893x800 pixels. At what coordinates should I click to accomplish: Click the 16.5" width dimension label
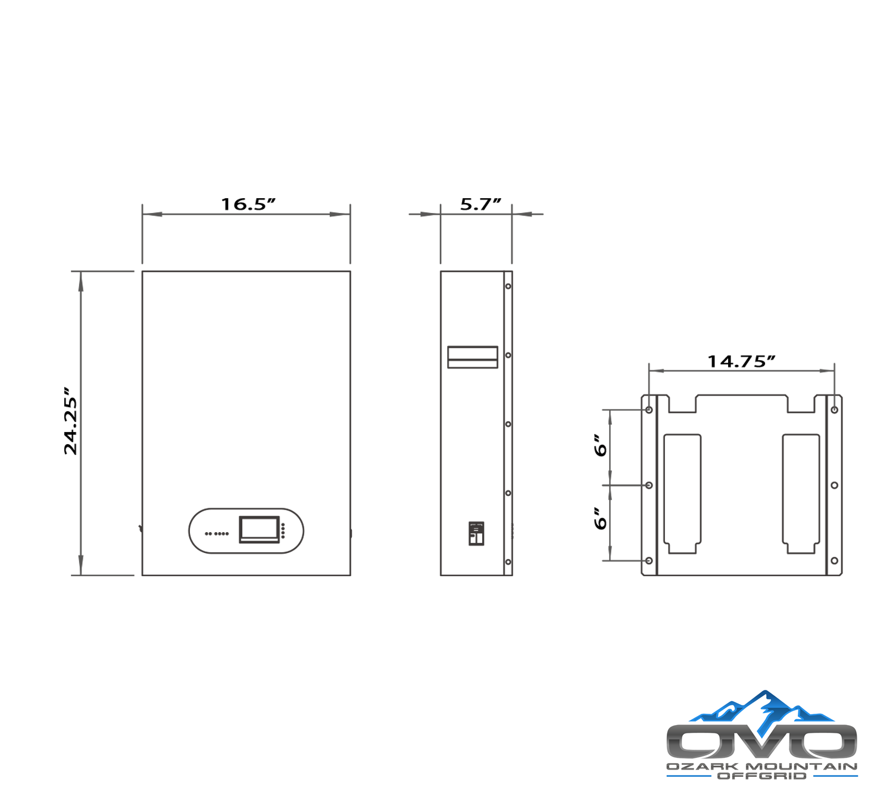coord(248,204)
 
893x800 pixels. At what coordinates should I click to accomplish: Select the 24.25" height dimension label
coord(71,421)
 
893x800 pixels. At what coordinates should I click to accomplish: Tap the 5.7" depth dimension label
coord(480,204)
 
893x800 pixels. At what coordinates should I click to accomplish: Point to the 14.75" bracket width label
coord(741,361)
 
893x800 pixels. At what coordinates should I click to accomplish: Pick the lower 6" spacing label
coord(601,519)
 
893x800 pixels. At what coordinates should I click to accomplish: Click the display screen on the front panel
coord(259,529)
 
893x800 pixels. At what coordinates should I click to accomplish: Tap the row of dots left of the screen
coord(217,533)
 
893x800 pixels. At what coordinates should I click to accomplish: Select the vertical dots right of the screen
coord(283,531)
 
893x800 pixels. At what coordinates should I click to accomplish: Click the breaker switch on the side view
coord(476,534)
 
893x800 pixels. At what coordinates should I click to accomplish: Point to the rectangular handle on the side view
coord(473,357)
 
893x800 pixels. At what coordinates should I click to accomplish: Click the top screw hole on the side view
coord(508,286)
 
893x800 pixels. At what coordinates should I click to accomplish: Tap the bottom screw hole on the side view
coord(508,562)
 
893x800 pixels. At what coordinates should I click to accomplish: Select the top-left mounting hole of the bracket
coord(649,410)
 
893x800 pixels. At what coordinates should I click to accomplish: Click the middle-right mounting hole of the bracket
coord(835,486)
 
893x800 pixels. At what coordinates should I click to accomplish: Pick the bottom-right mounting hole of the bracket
coord(835,561)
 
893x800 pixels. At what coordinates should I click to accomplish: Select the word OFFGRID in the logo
coord(762,776)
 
